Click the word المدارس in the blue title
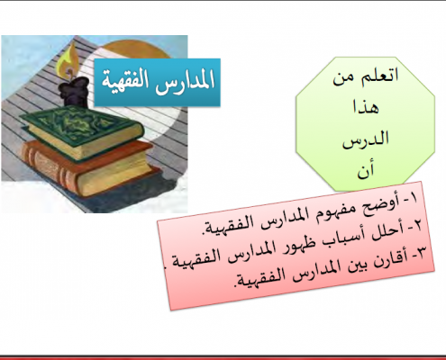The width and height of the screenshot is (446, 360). [187, 79]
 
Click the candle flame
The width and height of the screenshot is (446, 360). [69, 61]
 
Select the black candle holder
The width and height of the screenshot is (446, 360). [74, 91]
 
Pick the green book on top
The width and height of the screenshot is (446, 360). [82, 132]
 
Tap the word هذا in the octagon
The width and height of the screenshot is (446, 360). [367, 107]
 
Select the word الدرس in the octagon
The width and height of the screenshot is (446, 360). [366, 139]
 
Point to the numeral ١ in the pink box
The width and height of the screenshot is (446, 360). [413, 198]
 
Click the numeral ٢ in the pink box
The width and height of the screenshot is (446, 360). [417, 226]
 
